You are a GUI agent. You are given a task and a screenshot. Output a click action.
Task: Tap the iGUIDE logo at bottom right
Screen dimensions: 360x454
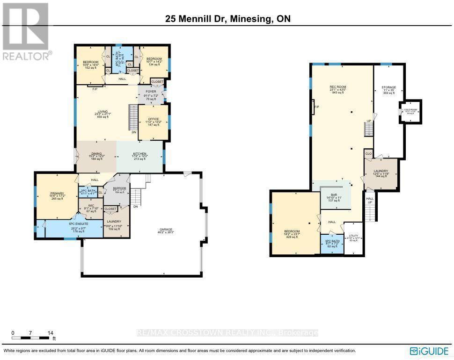click(x=428, y=351)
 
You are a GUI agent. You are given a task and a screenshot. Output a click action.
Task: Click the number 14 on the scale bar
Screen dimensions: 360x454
click(x=50, y=333)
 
